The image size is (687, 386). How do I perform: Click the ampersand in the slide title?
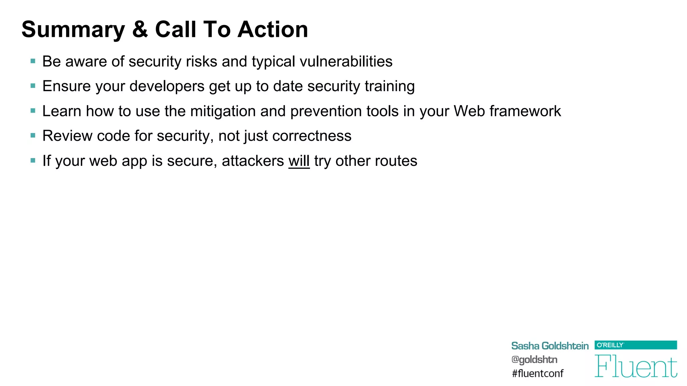pos(140,29)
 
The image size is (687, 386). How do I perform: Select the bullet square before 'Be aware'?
pos(33,61)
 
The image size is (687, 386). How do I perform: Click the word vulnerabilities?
pos(346,62)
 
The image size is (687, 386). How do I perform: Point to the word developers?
pos(167,86)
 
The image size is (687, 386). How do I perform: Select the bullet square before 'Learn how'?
pos(33,111)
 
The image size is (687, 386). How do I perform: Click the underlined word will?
pos(299,161)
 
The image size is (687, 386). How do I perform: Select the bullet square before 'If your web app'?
pos(33,160)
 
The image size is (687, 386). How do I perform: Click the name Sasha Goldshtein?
pos(550,346)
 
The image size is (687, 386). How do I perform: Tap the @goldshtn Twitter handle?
pos(534,360)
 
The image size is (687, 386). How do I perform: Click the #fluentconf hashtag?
pos(537,373)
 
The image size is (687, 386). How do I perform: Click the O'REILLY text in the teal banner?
pos(610,345)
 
